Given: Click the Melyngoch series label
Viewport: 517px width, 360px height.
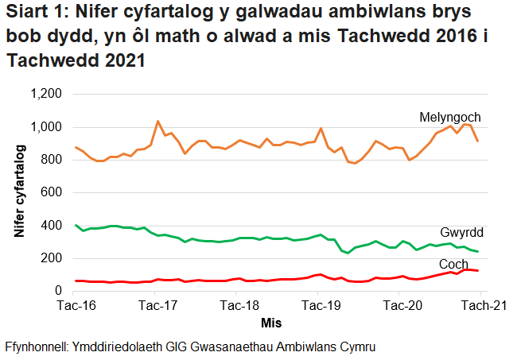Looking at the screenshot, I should (x=449, y=118).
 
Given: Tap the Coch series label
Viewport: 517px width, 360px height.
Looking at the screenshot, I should (x=453, y=264).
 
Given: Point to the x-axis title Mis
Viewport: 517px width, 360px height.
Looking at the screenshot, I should (x=271, y=324).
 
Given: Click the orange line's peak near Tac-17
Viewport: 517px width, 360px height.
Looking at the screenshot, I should (x=157, y=122).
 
